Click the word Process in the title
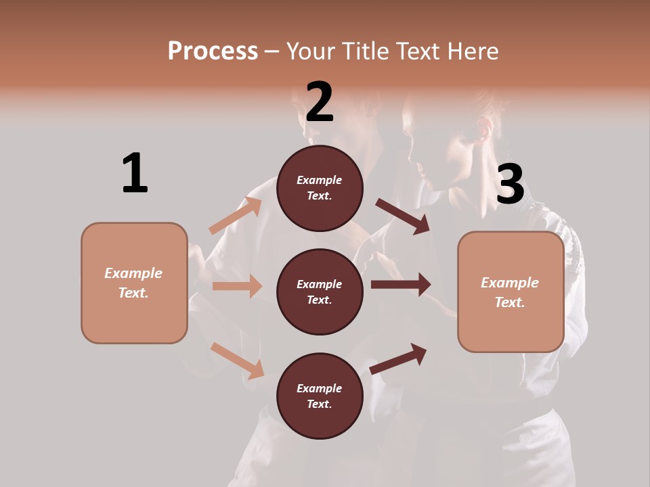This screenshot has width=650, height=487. tap(213, 51)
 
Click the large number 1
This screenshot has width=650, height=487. tap(135, 173)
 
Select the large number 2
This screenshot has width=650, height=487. tap(320, 102)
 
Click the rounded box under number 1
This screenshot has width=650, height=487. tap(134, 283)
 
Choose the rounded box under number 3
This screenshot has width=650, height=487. tap(511, 292)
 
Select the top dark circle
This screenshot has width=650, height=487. tap(320, 188)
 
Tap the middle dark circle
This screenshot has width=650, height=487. tap(320, 292)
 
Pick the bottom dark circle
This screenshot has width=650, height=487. tap(320, 396)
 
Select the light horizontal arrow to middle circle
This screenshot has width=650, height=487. tap(237, 286)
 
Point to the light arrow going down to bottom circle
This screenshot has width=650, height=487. tap(237, 361)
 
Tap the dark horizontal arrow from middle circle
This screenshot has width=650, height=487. tap(401, 285)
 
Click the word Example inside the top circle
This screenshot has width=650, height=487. tap(320, 181)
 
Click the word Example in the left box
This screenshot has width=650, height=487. tap(133, 273)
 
